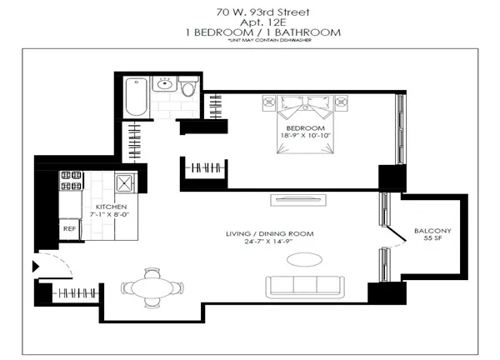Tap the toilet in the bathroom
[x=189, y=87]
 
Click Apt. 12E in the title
[x=249, y=22]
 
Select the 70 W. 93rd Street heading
[x=249, y=11]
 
